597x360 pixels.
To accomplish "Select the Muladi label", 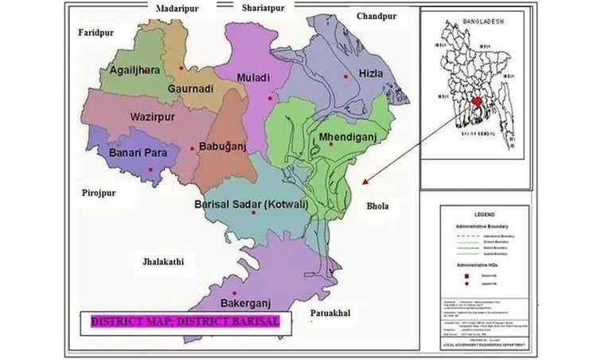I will pos(256,77).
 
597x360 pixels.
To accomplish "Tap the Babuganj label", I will pos(225,147).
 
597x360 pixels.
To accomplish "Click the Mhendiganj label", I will pos(347,137).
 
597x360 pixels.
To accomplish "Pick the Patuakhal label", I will pos(331,312).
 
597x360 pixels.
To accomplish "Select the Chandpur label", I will pos(377,16).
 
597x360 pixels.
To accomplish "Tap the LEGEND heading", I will pos(484,215).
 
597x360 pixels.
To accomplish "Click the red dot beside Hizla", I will pos(345,76).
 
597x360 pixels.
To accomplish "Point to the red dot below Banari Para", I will pos(150,170).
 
